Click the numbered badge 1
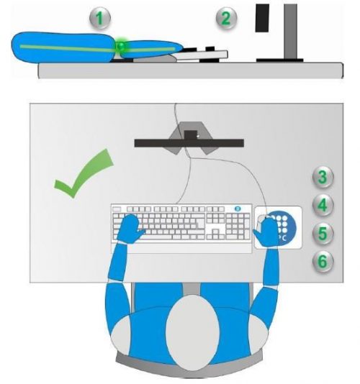(100, 19)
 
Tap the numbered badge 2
(226, 18)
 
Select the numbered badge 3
(323, 177)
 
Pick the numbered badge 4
(323, 205)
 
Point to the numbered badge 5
(323, 234)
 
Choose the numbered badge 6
(323, 261)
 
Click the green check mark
(84, 173)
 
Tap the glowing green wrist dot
(120, 45)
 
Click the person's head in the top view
(192, 333)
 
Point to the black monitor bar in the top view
(189, 143)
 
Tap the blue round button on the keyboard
(238, 209)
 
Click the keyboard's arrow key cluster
(215, 234)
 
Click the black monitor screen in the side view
(262, 18)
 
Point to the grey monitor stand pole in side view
(291, 32)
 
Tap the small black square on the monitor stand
(191, 135)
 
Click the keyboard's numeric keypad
(238, 227)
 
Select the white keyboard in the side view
(202, 55)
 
